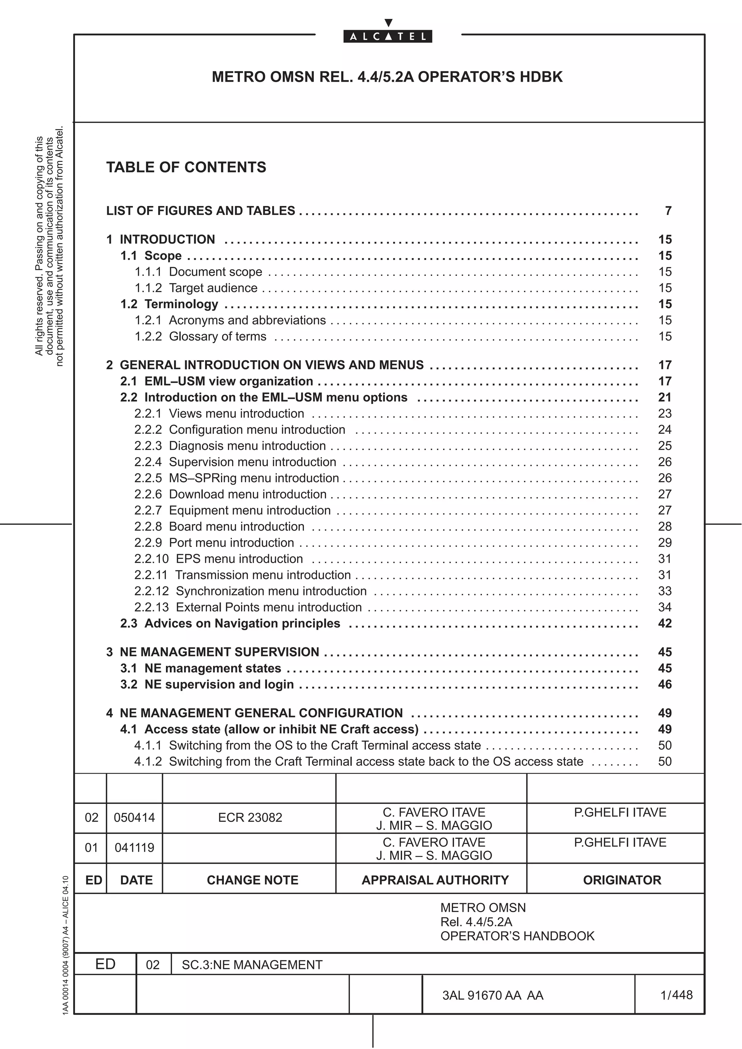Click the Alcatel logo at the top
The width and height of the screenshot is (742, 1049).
(x=387, y=36)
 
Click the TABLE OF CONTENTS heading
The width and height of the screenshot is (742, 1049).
(x=186, y=167)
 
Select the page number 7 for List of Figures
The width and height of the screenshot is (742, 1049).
(x=668, y=211)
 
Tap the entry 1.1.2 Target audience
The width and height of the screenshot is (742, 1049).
(x=196, y=288)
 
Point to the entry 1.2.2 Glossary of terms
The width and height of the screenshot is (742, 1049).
(x=200, y=336)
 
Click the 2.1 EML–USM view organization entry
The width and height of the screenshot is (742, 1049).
(x=217, y=381)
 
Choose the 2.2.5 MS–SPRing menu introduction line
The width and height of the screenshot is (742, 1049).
(x=236, y=478)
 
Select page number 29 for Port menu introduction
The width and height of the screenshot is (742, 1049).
(x=664, y=542)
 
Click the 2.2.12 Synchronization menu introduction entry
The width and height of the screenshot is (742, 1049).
(x=250, y=591)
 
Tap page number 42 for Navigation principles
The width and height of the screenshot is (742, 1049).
(x=664, y=623)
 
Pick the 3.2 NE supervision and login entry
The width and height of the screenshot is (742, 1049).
(x=207, y=684)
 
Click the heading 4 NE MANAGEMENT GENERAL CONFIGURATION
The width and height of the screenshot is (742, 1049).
(x=254, y=713)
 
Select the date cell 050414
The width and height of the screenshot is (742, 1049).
(x=134, y=817)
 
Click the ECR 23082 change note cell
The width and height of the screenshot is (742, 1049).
(x=250, y=817)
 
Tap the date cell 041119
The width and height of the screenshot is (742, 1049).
(x=134, y=847)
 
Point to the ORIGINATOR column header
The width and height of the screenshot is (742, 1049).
(x=622, y=880)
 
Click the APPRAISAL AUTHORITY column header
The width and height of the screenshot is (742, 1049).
(x=435, y=880)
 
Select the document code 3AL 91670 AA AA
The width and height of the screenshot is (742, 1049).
(x=492, y=995)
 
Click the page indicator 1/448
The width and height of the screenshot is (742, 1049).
(x=676, y=995)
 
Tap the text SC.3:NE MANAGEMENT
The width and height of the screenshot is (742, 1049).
(x=252, y=964)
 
